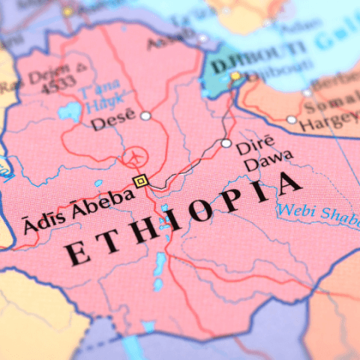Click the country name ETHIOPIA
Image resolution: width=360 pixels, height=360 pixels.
tap(184, 217)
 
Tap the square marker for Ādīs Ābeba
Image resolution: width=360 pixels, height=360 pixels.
tap(139, 181)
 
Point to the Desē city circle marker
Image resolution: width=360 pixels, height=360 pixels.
tap(145, 115)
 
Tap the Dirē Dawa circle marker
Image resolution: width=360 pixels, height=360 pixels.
tap(226, 142)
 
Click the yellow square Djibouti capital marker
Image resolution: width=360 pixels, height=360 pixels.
tap(235, 76)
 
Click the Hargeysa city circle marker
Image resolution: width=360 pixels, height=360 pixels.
tap(292, 119)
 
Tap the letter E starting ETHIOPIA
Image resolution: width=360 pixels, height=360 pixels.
tap(74, 253)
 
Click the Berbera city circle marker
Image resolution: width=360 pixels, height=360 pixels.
tap(307, 93)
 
